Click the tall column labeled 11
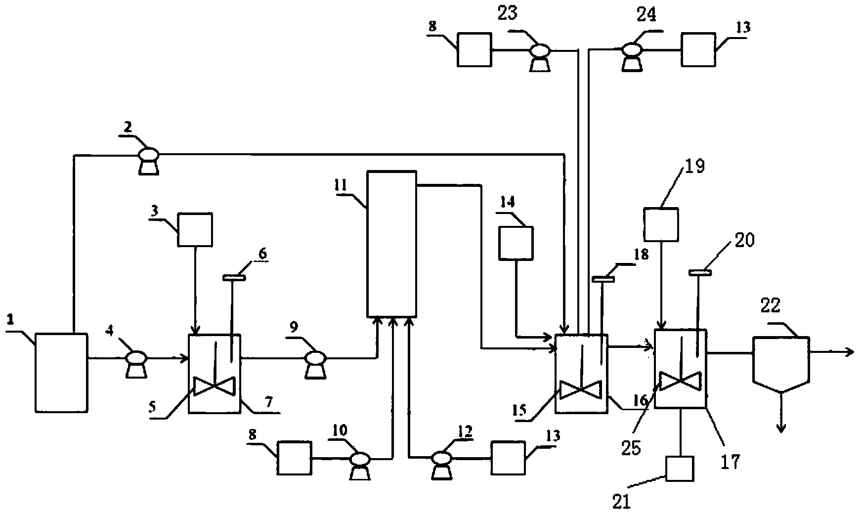(391, 244)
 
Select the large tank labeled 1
(61, 373)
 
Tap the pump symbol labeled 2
(148, 160)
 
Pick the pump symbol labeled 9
(315, 364)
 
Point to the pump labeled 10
(359, 466)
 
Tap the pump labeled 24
(632, 56)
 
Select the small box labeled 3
(195, 229)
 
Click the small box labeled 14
(516, 243)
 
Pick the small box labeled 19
(661, 224)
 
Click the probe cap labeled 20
(697, 271)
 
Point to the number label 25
(631, 449)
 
